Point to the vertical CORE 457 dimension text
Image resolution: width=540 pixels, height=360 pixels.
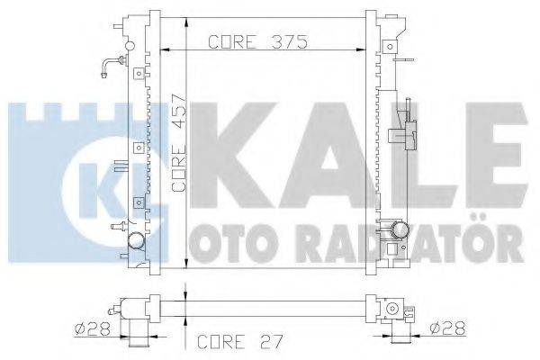(178, 142)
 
